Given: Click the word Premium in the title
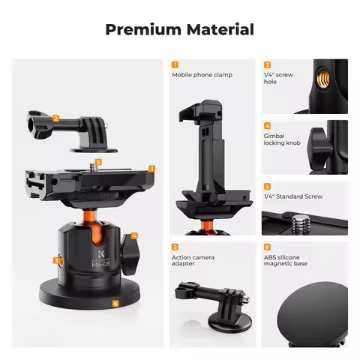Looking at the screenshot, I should coord(140,30).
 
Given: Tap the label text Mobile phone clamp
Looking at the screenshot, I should coord(202,75).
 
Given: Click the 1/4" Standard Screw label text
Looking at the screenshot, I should coord(292,196).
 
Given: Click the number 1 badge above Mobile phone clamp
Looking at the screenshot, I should coord(175,64).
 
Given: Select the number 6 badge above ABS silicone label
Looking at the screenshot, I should coord(267,247).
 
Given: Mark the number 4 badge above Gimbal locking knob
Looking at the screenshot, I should coord(267,125).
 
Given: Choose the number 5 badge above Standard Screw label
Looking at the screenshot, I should coord(267,186).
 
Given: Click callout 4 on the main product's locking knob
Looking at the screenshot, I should coord(133,235).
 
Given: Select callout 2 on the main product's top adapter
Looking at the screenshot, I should coord(55,118).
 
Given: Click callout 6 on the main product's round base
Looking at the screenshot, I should coord(115,304).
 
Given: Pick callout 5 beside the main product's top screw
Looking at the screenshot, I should coord(99,160).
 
